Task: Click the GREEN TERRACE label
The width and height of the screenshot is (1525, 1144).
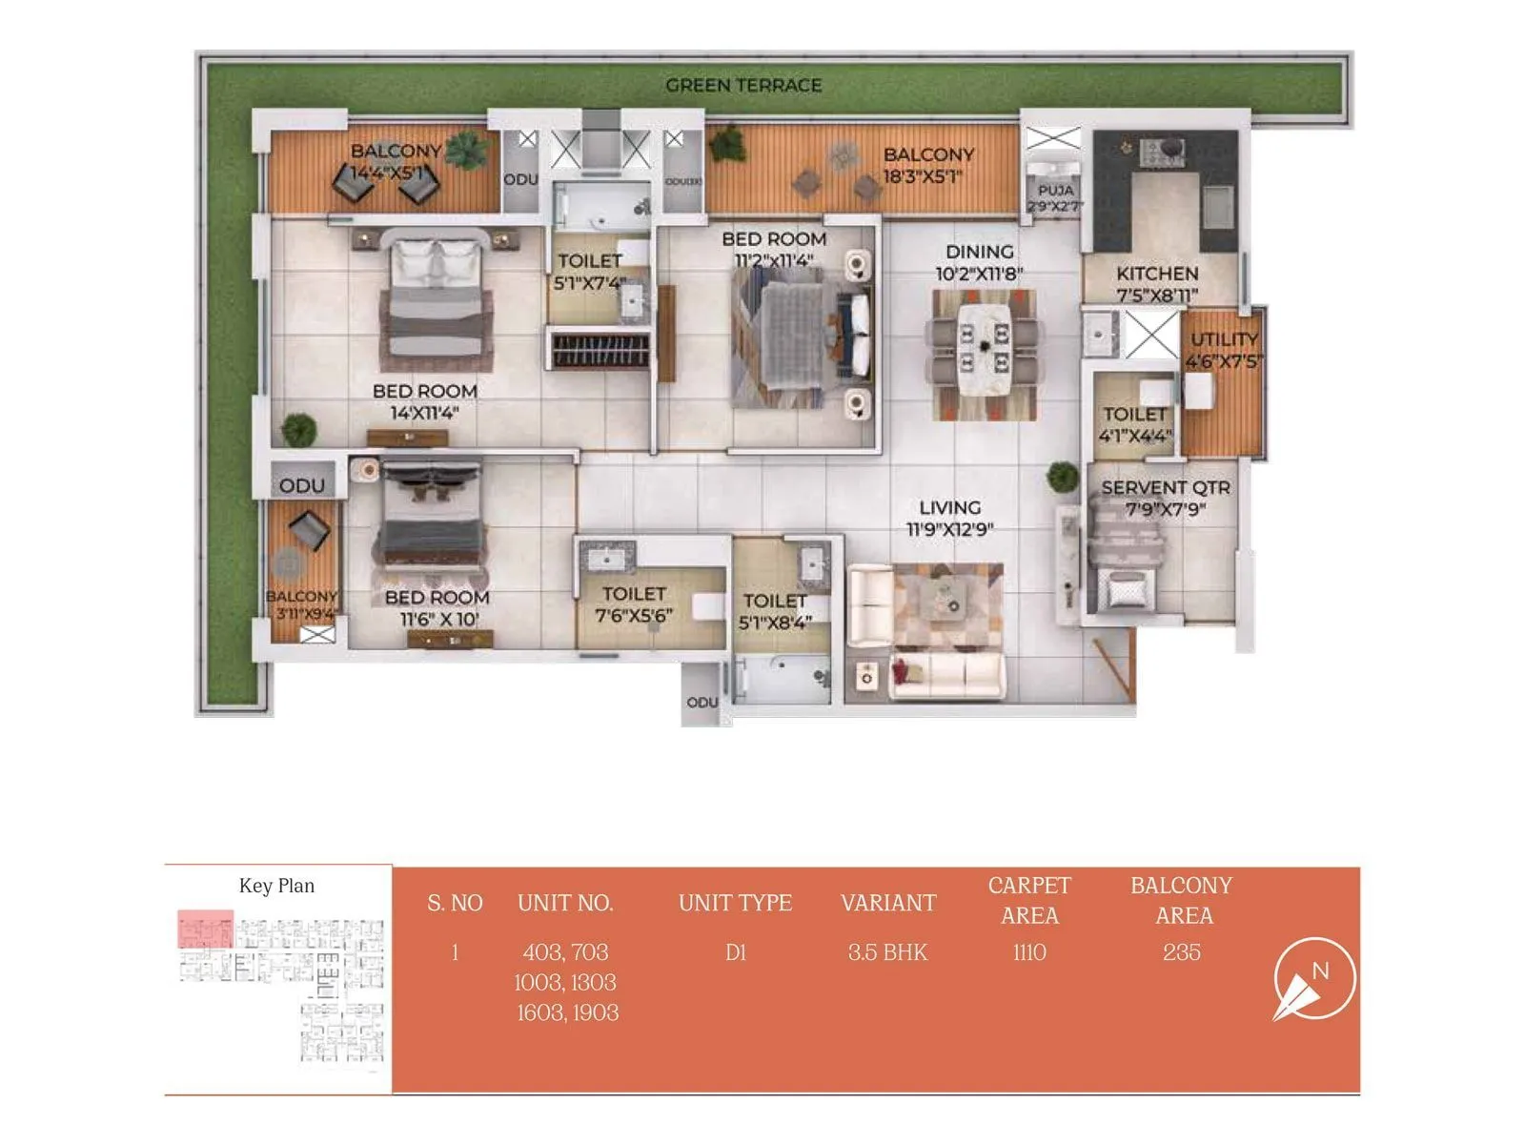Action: tap(743, 86)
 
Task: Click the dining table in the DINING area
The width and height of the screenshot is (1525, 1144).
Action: tap(984, 350)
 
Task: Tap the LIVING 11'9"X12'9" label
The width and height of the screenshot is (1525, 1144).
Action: tap(949, 518)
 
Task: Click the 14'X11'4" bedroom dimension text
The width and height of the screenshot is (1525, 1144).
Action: tap(424, 413)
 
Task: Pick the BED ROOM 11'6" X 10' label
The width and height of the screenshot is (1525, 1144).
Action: tap(437, 607)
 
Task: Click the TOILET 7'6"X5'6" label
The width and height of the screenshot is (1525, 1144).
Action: tap(634, 604)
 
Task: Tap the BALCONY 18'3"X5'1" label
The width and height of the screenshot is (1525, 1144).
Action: tap(927, 165)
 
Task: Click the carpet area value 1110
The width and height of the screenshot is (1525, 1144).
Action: tap(1029, 951)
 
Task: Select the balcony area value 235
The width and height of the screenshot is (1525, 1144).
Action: tap(1181, 951)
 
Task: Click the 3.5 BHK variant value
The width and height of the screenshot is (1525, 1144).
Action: tap(887, 951)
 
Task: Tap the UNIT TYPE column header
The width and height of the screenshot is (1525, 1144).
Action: tap(735, 903)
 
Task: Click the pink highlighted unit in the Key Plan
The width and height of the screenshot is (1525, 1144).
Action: tap(205, 929)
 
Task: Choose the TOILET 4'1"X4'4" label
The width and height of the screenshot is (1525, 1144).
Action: tap(1134, 424)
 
